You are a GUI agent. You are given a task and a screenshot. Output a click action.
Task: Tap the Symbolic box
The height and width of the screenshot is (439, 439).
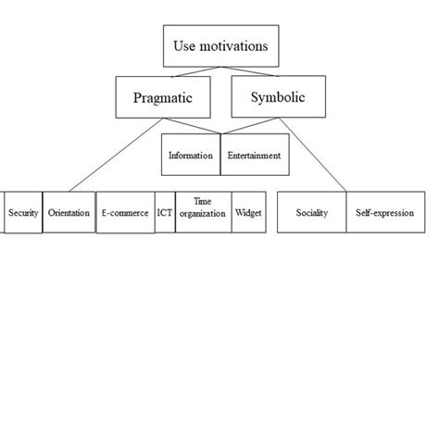(x=275, y=96)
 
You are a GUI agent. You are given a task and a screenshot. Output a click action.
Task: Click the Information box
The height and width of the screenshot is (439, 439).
(x=190, y=155)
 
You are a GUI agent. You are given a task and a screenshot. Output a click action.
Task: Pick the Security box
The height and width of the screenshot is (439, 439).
(x=23, y=213)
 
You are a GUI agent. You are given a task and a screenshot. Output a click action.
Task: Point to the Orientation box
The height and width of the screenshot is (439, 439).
(x=69, y=213)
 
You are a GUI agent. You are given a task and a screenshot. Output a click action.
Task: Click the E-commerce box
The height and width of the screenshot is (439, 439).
(x=124, y=213)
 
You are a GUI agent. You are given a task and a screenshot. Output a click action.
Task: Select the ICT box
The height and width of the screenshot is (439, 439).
(x=164, y=213)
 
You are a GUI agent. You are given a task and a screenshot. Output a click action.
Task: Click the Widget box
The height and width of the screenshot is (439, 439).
(x=248, y=213)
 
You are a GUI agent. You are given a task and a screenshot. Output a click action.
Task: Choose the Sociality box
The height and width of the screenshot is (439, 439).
(x=312, y=213)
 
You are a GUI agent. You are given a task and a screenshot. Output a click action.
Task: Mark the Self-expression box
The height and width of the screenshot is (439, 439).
(x=384, y=213)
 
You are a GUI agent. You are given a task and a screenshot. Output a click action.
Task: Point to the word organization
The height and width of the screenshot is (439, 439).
(x=203, y=219)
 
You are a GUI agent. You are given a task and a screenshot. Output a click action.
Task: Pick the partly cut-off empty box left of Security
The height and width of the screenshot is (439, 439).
(x=2, y=213)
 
